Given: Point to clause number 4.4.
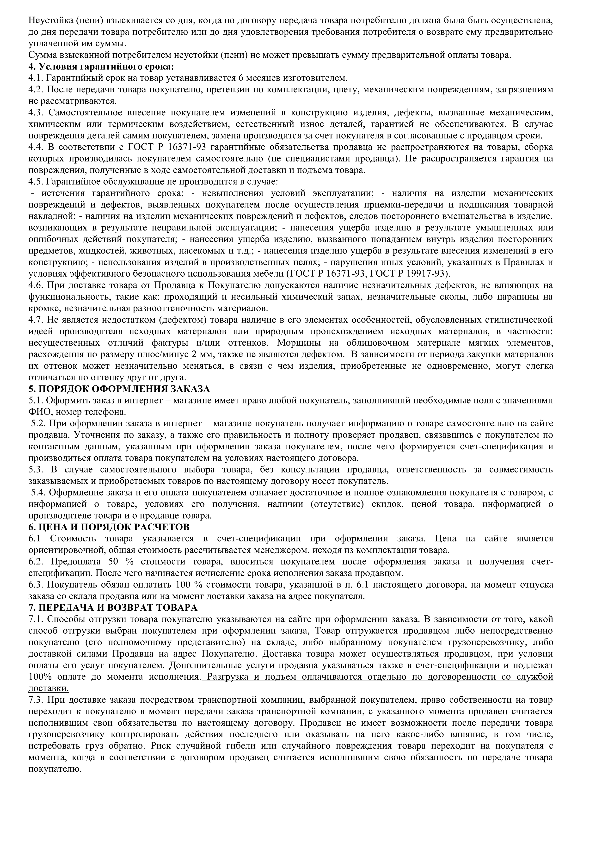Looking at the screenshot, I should tap(36, 147).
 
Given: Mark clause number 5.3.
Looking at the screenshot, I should tap(36, 469).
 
